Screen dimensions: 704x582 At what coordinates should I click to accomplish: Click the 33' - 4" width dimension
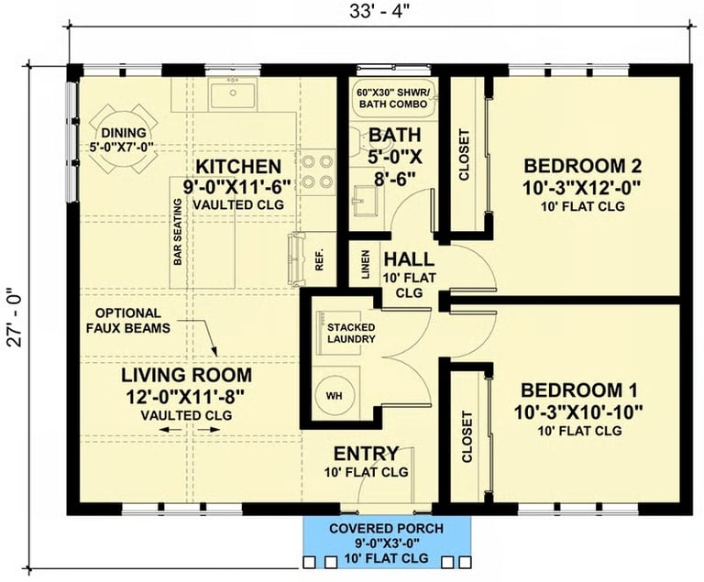tap(379, 12)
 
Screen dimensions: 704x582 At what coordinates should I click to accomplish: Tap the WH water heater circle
tap(334, 396)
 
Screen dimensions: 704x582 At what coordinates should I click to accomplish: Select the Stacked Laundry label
tap(351, 333)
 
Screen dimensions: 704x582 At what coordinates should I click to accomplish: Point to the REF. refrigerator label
tap(319, 259)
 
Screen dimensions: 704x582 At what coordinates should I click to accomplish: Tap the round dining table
tap(123, 138)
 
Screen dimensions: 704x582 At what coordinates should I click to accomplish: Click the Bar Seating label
tap(178, 232)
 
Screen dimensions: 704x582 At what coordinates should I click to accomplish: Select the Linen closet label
tap(366, 265)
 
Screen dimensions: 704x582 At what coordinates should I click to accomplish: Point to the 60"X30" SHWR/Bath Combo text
tap(392, 98)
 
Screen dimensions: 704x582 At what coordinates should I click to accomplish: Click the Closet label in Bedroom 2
tap(464, 155)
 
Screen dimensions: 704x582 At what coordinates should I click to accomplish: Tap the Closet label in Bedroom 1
tap(467, 437)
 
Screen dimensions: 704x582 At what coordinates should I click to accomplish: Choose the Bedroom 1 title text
tap(578, 390)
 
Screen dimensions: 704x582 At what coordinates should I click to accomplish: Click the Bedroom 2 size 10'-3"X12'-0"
tap(580, 187)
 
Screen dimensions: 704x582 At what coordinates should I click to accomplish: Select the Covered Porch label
tap(386, 529)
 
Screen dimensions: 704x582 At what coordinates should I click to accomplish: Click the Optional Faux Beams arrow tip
tap(216, 356)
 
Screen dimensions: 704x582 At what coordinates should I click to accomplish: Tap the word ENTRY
tap(366, 454)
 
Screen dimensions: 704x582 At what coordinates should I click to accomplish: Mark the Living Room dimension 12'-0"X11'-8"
tap(185, 397)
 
